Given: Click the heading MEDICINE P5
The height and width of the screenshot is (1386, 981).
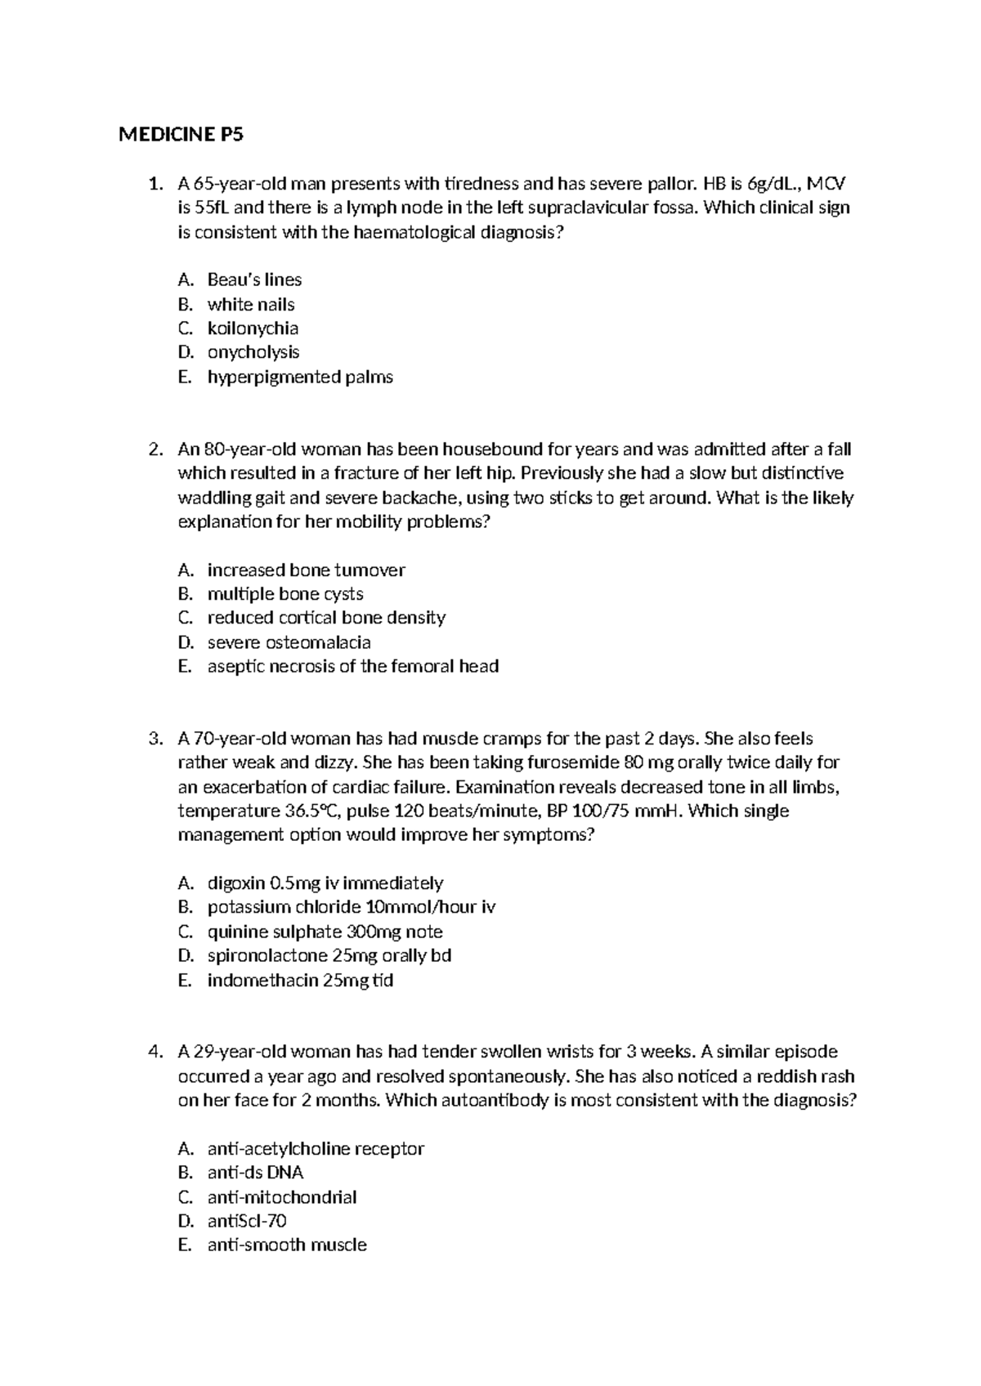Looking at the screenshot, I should (181, 136).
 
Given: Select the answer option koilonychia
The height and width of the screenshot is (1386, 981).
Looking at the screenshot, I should (253, 329).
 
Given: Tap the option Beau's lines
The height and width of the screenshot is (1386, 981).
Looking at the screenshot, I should (254, 280).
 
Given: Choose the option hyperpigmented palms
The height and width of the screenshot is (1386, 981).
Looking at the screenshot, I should (300, 378).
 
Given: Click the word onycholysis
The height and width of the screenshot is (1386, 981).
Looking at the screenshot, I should (253, 352).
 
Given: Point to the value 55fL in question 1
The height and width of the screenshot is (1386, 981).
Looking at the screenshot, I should (211, 208).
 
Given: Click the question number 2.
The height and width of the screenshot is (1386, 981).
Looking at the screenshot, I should (155, 449).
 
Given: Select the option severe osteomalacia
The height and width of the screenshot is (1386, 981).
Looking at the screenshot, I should (289, 642).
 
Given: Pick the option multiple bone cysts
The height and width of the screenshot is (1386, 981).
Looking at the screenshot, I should (285, 594).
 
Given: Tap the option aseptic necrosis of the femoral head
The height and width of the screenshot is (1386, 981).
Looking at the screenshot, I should (352, 667).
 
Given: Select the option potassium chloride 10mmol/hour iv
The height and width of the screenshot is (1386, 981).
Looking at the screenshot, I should (352, 907).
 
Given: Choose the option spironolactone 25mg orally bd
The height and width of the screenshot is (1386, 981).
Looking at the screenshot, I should (329, 955).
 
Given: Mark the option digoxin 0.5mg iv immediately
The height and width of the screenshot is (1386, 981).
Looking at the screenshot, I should (325, 883).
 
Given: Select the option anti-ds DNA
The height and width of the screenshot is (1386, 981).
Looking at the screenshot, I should (255, 1173).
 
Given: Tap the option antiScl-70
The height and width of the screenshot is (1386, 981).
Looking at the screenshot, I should (247, 1221).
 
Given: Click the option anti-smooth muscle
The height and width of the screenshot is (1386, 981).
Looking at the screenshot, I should (287, 1245).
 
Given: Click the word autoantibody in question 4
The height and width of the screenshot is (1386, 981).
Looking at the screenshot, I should (495, 1101).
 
